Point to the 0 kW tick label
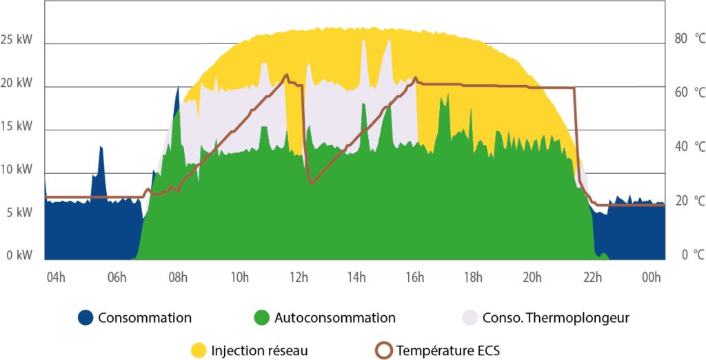(19, 256)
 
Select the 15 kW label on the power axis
(17, 127)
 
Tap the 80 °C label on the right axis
(689, 39)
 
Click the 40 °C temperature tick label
(689, 147)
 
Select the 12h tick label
(299, 278)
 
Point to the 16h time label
(415, 278)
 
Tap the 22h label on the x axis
(593, 278)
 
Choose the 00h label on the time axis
(651, 278)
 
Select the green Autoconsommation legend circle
(261, 318)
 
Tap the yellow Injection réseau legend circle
(198, 350)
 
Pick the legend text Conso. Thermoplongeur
(556, 318)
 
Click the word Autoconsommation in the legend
(334, 318)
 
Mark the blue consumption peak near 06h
(101, 148)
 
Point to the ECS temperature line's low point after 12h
(312, 182)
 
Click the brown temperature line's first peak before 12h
(286, 75)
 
